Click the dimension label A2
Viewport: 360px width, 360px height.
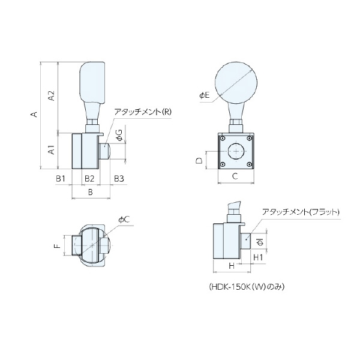(x=52, y=95)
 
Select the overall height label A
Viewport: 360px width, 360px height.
(x=35, y=115)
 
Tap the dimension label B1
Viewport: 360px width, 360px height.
(x=60, y=179)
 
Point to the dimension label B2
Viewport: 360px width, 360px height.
(x=89, y=179)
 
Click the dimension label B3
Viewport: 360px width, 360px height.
(x=118, y=179)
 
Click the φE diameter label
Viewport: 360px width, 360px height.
(x=204, y=95)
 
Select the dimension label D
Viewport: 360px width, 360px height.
(x=199, y=160)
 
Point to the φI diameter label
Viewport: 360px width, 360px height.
(x=258, y=242)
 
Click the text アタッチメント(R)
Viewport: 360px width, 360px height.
(x=143, y=112)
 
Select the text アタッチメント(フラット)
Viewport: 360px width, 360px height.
(x=301, y=212)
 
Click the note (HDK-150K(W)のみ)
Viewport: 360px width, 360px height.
(x=246, y=286)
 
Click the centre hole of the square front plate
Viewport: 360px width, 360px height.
(x=236, y=152)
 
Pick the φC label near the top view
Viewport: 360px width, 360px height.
(x=124, y=220)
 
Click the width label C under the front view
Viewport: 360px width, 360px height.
(x=235, y=176)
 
